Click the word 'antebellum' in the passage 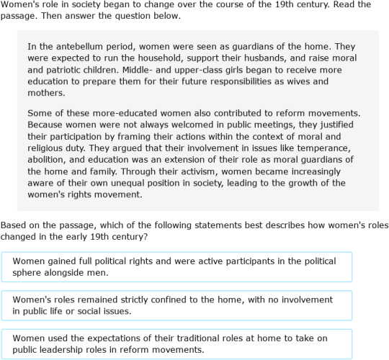(73, 46)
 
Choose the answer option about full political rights (176, 266)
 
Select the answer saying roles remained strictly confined (176, 305)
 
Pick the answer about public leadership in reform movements (176, 344)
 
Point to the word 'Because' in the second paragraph (47, 125)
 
